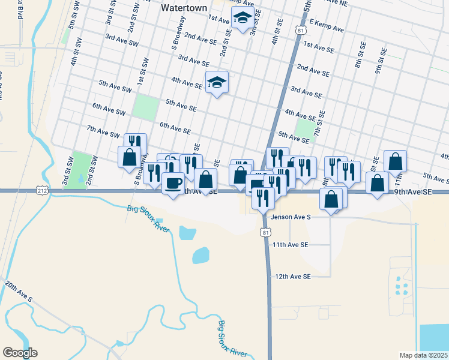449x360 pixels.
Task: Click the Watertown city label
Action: [184, 8]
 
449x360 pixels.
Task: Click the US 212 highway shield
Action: [43, 190]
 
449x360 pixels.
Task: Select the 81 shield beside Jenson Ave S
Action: [266, 232]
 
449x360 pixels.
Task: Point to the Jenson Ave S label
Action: [290, 217]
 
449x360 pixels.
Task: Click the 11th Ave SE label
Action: [291, 245]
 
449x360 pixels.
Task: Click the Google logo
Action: [20, 353]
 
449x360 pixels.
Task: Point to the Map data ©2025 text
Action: [424, 355]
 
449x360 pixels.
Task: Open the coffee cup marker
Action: [173, 182]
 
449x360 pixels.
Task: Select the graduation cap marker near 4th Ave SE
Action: [217, 83]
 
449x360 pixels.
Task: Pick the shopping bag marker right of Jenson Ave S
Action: [331, 199]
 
